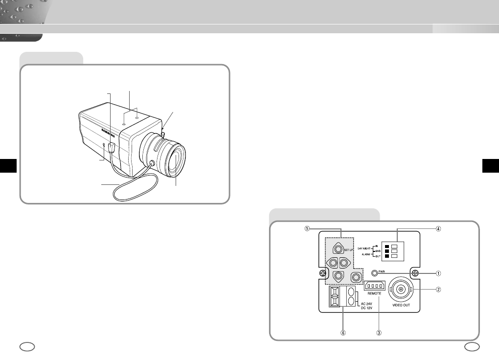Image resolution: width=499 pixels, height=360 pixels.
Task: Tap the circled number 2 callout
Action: pos(439,290)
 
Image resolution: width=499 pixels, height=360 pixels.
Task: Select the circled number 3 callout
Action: pos(379,332)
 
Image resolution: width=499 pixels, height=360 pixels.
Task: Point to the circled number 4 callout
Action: pos(439,229)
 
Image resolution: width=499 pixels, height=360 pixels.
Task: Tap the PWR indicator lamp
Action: pos(375,273)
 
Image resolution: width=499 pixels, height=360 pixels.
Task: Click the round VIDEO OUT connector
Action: pos(401,290)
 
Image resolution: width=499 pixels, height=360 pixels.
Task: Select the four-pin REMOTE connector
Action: pos(375,285)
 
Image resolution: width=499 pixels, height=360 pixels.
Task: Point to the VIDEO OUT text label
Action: pos(400,305)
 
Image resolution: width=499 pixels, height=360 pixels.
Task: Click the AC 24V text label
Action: pos(368,303)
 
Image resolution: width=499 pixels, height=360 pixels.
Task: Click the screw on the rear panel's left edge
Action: pos(322,273)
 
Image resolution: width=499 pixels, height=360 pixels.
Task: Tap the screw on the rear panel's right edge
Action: pos(415,273)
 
